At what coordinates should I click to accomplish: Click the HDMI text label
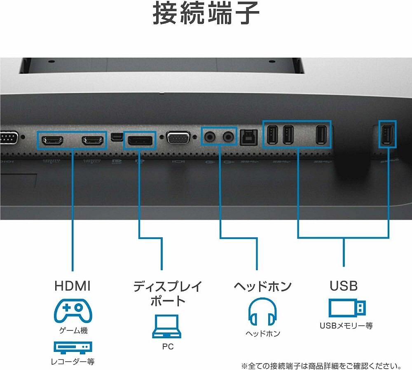pyautogui.click(x=72, y=286)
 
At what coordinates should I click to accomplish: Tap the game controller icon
pyautogui.click(x=73, y=310)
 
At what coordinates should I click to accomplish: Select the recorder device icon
pyautogui.click(x=73, y=347)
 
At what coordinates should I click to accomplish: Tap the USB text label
pyautogui.click(x=343, y=286)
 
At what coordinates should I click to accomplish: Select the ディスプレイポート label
pyautogui.click(x=167, y=293)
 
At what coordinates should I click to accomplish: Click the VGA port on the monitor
pyautogui.click(x=178, y=138)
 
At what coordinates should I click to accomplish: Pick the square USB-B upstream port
pyautogui.click(x=247, y=137)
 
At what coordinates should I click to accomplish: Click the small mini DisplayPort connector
pyautogui.click(x=116, y=136)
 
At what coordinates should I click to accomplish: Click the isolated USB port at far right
pyautogui.click(x=387, y=134)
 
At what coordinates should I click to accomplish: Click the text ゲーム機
pyautogui.click(x=73, y=330)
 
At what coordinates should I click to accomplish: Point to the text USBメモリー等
pyautogui.click(x=346, y=326)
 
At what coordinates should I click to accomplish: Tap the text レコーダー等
pyautogui.click(x=73, y=362)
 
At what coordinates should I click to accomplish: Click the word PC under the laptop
pyautogui.click(x=168, y=347)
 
